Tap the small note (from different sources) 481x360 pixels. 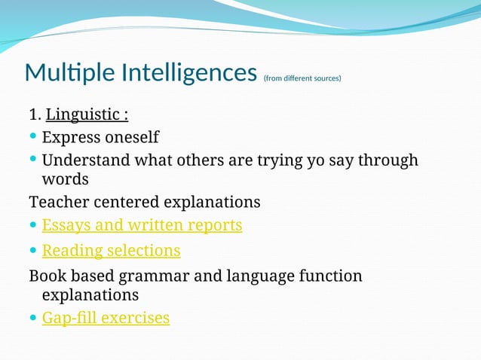(302, 78)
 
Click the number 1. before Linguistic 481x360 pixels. (35, 115)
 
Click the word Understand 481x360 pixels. (86, 160)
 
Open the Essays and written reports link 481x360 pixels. (142, 224)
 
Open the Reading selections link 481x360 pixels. (111, 250)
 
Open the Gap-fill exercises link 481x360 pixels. (106, 318)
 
